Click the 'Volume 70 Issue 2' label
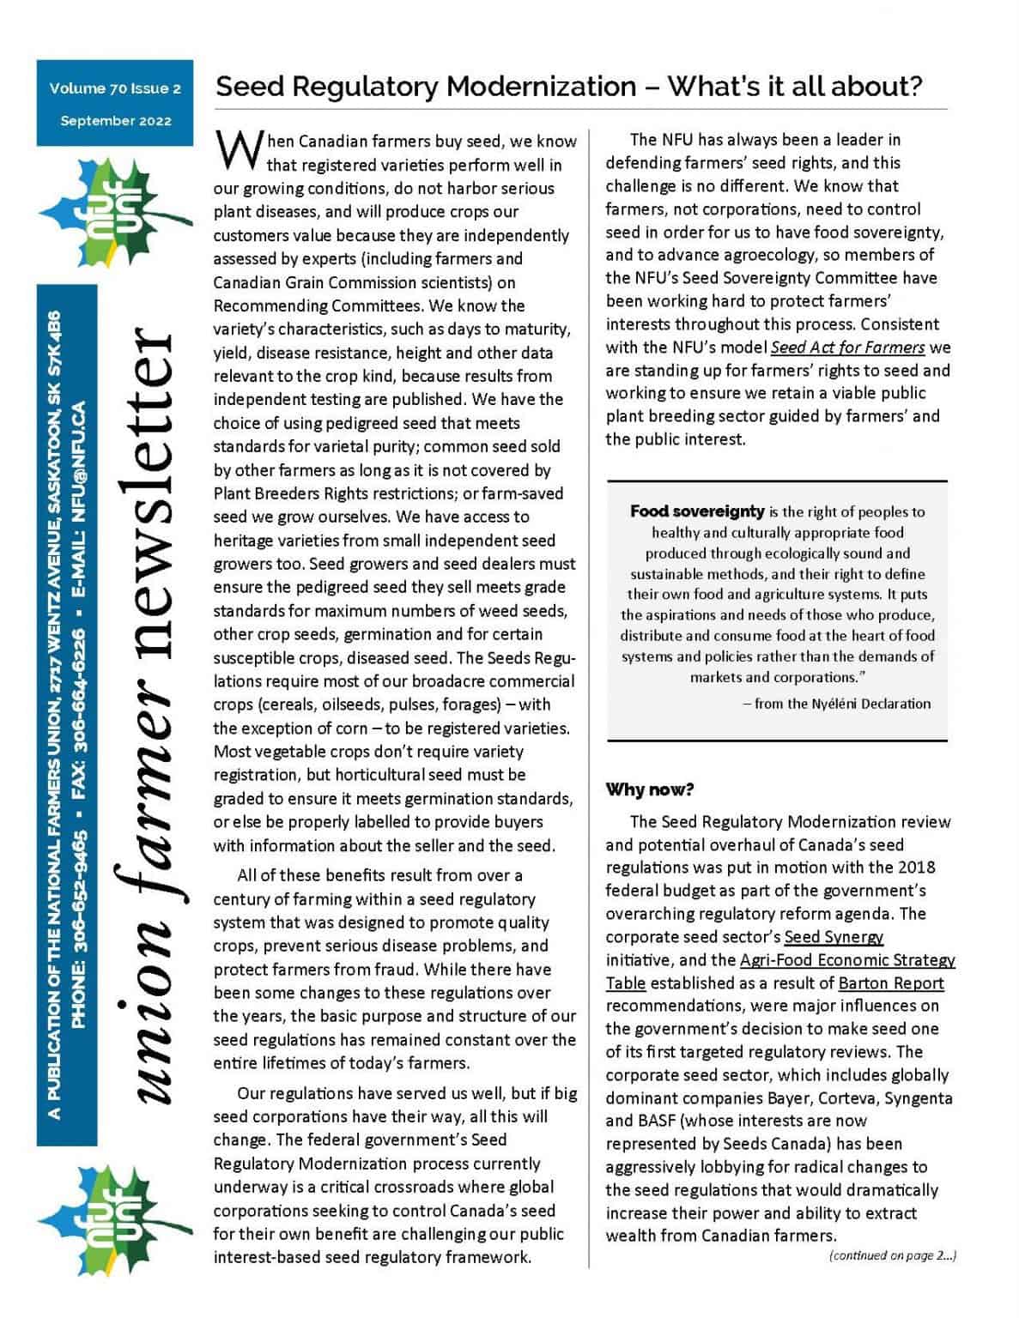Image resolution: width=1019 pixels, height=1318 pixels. (x=115, y=88)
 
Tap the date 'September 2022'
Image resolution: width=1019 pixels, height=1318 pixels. (x=115, y=121)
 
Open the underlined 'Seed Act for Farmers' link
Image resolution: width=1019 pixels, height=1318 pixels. (x=847, y=348)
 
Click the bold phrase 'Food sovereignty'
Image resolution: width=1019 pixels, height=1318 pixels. (x=696, y=511)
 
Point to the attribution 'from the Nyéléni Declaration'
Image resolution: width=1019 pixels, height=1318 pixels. (x=841, y=704)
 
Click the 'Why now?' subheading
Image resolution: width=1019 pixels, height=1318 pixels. (x=650, y=789)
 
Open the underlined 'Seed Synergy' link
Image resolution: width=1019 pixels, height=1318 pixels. (x=834, y=937)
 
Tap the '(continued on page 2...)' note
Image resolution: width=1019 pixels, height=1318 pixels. (x=892, y=1255)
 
